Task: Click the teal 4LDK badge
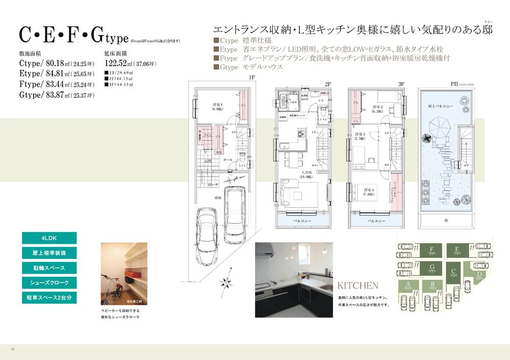point(49,238)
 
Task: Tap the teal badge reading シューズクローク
point(49,282)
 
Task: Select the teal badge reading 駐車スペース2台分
point(49,297)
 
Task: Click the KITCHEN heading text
point(358,286)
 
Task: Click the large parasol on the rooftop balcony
point(437,126)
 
